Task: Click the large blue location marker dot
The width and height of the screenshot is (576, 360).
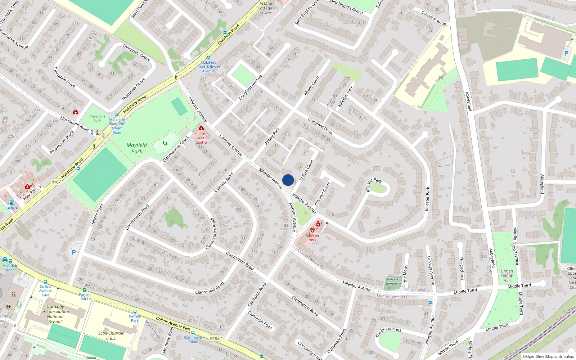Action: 288,180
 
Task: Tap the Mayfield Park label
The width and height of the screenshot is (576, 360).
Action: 137,148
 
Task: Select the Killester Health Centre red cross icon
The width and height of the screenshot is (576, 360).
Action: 201,128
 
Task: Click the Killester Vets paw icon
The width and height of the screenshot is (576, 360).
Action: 312,230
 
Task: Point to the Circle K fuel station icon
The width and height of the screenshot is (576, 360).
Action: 12,203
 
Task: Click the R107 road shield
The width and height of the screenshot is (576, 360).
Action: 56,182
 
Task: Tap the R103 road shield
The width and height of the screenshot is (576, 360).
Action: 215,338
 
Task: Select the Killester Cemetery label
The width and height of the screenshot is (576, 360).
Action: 393,281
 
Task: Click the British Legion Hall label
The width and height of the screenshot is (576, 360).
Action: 507,276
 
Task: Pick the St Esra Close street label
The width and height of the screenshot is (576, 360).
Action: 306,170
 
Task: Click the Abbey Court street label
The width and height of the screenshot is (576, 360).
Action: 311,86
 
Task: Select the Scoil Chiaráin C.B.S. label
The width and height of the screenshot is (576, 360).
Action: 111,336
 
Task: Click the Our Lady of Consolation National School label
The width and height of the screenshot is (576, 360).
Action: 55,314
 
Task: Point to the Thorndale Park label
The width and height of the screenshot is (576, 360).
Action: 97,118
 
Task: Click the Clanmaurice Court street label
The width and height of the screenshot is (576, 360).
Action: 176,148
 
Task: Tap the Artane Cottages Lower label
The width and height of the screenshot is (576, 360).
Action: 266,8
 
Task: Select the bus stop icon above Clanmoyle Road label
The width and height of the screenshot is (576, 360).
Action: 193,333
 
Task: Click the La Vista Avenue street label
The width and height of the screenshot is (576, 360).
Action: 431,270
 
